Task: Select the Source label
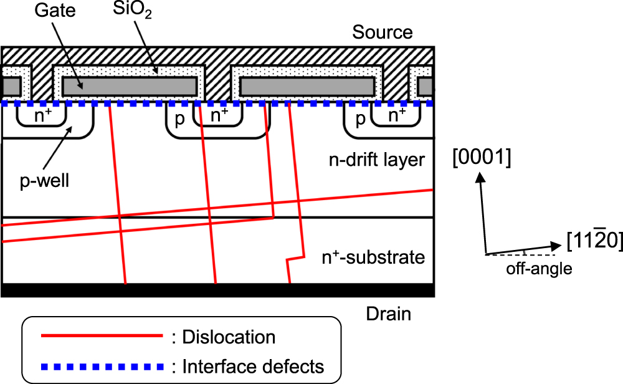pyautogui.click(x=383, y=32)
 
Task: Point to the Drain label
pyautogui.click(x=388, y=313)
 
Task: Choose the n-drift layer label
pyautogui.click(x=377, y=160)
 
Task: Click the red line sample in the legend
pyautogui.click(x=102, y=337)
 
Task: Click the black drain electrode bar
pyautogui.click(x=217, y=290)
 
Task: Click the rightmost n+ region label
pyautogui.click(x=397, y=115)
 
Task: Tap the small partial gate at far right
pyautogui.click(x=426, y=85)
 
